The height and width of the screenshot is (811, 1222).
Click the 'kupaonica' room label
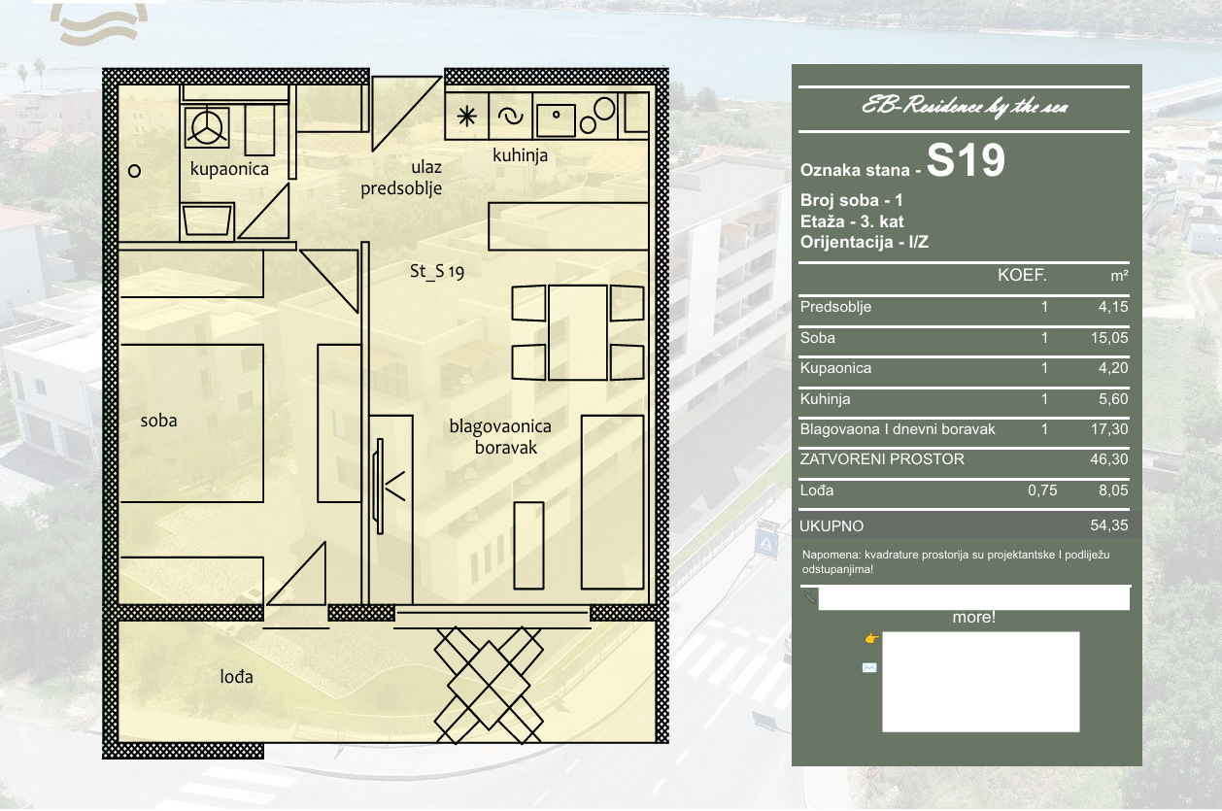(229, 169)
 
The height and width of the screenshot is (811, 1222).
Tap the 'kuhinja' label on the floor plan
(520, 155)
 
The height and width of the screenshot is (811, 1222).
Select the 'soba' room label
(158, 421)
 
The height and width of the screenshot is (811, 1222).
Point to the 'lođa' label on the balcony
(237, 677)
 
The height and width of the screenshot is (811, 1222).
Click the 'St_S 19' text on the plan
(437, 271)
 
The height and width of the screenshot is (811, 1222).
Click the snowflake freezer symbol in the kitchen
(467, 117)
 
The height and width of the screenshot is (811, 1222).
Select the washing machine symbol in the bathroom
(207, 127)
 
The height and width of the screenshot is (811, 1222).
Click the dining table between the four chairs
(578, 332)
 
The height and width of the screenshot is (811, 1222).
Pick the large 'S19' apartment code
(966, 160)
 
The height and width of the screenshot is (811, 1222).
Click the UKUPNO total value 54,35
(1109, 525)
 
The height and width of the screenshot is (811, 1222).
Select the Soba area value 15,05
(1109, 338)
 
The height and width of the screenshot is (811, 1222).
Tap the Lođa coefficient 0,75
(1042, 490)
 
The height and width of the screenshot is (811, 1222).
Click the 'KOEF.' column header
(1022, 275)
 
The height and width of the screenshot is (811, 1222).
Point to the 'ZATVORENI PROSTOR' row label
(882, 459)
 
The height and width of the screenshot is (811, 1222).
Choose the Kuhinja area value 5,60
(1113, 398)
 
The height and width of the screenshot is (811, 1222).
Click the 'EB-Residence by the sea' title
(965, 106)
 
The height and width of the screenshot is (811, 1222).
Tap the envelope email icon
(869, 667)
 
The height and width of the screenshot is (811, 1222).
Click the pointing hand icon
(871, 638)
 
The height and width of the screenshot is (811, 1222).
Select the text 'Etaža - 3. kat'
(852, 221)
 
